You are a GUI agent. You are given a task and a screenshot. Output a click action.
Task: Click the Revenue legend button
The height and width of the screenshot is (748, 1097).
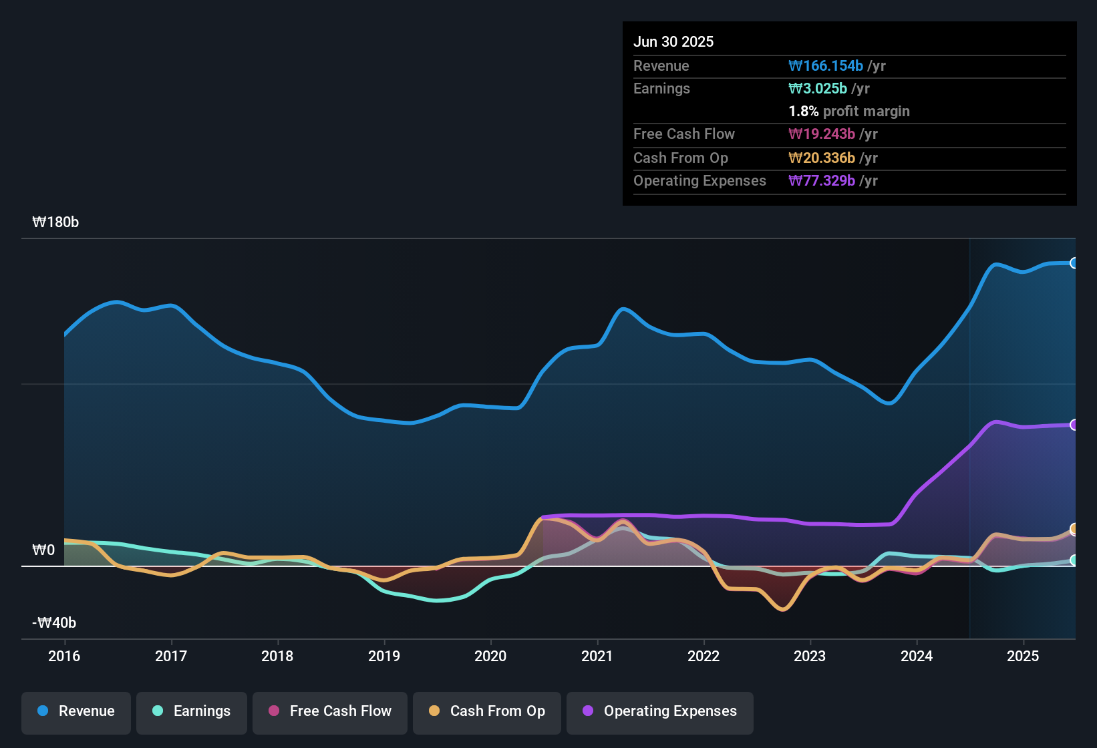[x=76, y=711]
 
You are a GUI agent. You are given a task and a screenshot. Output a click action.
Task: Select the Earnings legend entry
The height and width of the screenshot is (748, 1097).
[x=192, y=711]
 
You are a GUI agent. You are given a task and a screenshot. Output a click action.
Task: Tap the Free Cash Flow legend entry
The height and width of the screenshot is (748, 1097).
[x=330, y=711]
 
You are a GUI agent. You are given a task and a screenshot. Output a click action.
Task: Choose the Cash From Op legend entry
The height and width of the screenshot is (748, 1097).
[x=487, y=711]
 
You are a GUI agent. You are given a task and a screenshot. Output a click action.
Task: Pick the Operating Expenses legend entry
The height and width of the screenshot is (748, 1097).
[x=660, y=711]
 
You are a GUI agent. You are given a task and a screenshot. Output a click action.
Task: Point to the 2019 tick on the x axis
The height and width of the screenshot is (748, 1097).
[x=384, y=656]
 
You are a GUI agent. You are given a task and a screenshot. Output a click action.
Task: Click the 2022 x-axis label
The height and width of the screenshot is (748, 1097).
[x=703, y=656]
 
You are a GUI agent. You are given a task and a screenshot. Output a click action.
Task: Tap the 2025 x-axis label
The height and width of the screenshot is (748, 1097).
[x=1023, y=656]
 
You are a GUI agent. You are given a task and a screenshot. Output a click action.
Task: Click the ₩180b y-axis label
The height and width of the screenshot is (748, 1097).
[x=55, y=222]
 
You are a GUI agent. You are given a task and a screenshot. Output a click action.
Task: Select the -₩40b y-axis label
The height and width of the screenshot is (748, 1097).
[x=54, y=623]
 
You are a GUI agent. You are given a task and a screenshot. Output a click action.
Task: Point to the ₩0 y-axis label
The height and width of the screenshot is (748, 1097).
[x=43, y=550]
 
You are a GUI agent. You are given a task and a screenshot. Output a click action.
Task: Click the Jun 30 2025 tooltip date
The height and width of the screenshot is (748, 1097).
[x=673, y=41]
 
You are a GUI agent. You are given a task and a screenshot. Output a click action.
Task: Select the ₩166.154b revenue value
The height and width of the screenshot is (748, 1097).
[x=826, y=66]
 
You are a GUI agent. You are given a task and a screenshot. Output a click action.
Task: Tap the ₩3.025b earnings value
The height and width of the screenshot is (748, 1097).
[x=818, y=89]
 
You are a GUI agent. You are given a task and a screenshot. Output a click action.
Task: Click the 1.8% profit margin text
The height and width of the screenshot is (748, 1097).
[x=849, y=112]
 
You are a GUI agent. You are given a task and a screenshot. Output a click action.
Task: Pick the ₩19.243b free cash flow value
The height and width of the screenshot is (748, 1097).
[x=822, y=134]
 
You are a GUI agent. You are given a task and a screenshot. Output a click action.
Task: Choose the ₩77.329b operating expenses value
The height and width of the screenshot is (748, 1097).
[x=822, y=181]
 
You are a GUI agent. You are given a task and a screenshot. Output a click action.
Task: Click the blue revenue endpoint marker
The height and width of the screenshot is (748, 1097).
[x=1074, y=263]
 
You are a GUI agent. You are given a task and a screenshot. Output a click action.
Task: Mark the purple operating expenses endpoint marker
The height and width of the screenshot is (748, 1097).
[x=1074, y=425]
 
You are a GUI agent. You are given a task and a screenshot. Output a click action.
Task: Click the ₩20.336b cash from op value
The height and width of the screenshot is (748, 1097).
[x=822, y=158]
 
